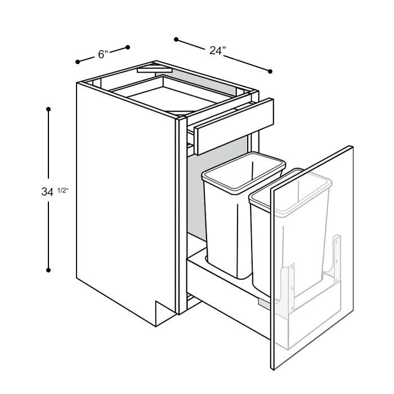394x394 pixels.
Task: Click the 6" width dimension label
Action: (x=102, y=54)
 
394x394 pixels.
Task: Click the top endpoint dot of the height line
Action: (x=49, y=109)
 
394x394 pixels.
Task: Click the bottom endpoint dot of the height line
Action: (x=49, y=271)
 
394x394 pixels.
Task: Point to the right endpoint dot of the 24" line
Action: (x=270, y=71)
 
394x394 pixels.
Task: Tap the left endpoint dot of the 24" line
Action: (x=176, y=39)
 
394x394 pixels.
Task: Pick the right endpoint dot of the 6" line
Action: (x=128, y=47)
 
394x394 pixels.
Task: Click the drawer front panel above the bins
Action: (x=234, y=123)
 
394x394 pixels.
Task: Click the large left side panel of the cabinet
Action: (x=124, y=203)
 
